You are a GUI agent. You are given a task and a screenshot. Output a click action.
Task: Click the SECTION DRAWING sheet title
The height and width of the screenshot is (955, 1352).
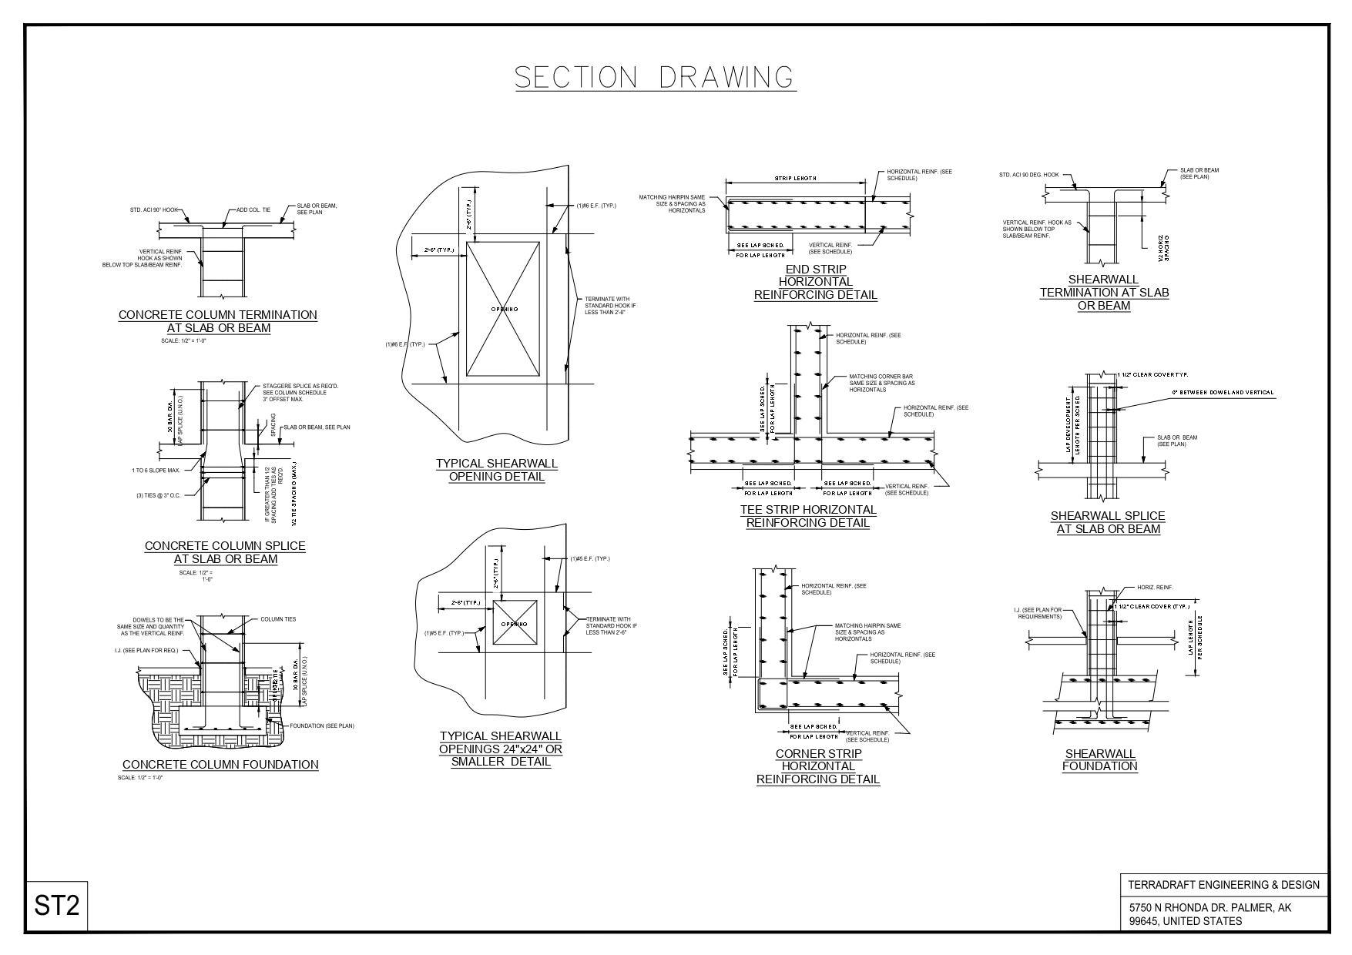655,78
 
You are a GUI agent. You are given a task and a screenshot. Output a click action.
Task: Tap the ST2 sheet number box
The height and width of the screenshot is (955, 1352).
57,906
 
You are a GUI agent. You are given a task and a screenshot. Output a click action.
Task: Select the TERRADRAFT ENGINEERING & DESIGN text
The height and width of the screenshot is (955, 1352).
1223,885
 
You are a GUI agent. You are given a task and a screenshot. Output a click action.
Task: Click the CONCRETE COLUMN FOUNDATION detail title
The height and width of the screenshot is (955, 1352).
220,765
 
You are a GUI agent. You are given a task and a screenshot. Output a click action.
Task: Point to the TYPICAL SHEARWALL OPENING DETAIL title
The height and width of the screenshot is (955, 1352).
497,470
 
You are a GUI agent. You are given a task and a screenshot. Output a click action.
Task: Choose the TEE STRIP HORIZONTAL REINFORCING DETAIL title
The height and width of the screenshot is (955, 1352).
808,516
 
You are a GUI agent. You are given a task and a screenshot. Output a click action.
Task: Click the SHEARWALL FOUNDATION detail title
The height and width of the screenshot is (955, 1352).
1099,759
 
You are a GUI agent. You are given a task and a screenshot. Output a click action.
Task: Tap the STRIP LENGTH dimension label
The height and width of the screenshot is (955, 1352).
796,179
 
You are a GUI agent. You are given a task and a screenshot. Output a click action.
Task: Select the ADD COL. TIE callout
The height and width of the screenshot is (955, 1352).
253,209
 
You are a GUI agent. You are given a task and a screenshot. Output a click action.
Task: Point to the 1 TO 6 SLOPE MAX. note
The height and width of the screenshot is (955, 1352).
156,470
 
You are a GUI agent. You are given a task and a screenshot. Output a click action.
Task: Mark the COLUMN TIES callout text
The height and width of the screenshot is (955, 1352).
278,619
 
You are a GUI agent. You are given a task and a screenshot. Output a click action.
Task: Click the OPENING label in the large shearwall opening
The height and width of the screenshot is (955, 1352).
504,309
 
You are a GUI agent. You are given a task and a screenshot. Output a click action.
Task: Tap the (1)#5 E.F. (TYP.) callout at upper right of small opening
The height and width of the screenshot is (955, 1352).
589,558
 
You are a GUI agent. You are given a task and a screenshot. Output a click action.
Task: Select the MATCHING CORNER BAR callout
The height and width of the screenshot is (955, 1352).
882,383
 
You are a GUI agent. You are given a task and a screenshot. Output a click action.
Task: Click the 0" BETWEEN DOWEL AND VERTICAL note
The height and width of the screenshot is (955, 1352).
1223,393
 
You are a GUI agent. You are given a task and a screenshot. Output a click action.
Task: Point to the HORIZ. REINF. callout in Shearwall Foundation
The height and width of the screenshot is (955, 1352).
1155,588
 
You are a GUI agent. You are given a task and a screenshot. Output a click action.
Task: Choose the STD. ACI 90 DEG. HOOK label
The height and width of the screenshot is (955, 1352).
1029,175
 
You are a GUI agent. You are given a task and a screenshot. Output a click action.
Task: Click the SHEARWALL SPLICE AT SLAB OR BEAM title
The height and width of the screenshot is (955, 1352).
1108,522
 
